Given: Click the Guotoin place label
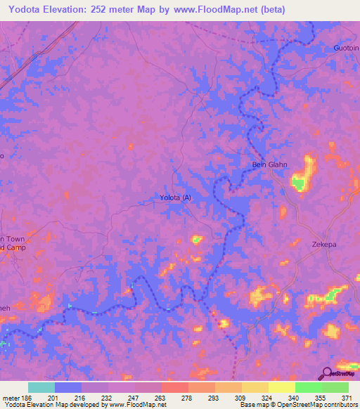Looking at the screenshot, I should [x=345, y=48].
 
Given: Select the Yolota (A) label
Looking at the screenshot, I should [x=176, y=197].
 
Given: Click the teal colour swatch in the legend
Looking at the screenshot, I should [x=41, y=387].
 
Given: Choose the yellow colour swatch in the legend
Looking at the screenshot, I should [x=281, y=387].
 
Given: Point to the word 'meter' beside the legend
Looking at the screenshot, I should [x=8, y=397].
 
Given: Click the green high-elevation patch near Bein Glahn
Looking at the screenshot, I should [x=299, y=184].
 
